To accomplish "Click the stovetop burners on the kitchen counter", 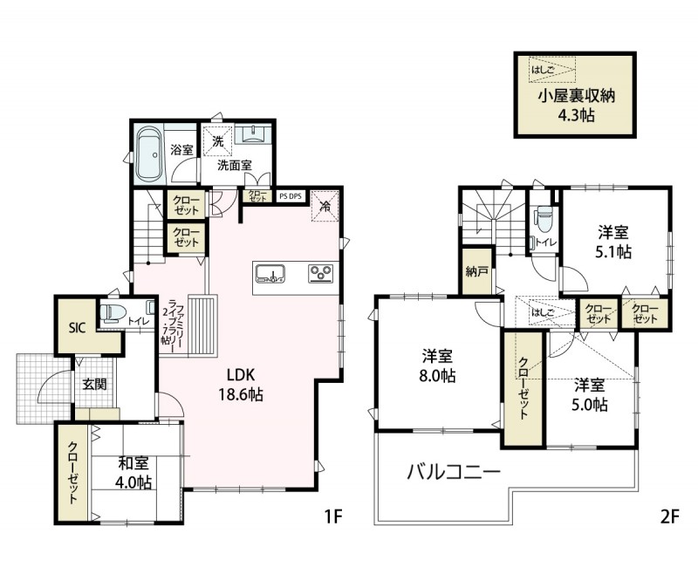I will tap(321, 273).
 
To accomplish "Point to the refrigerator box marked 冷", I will tap(324, 207).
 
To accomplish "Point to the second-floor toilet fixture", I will tap(543, 218).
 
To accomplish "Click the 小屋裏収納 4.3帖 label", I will tap(577, 105).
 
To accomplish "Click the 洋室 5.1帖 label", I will tap(614, 242).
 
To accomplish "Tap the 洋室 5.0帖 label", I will tap(591, 394).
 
